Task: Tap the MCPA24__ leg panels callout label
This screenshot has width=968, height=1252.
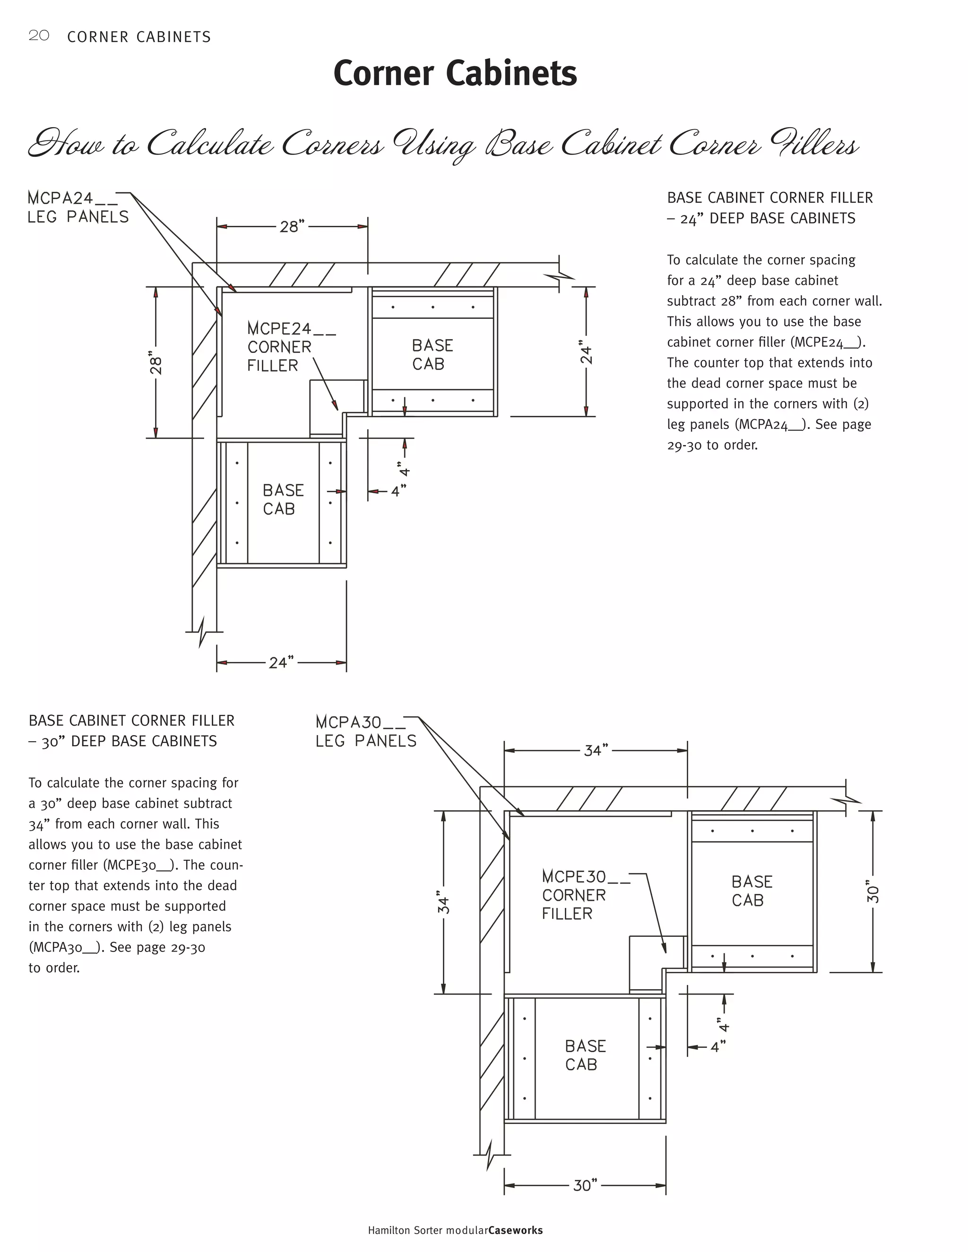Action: (78, 207)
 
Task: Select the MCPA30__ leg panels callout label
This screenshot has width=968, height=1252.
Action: (366, 731)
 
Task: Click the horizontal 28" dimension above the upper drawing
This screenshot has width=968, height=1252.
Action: (291, 226)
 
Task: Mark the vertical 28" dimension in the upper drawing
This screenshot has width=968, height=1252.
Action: (156, 362)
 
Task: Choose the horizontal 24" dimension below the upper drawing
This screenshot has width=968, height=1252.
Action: (281, 663)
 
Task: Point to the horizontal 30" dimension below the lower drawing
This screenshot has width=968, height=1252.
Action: (585, 1185)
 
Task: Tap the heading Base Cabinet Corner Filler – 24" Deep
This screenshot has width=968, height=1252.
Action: (769, 208)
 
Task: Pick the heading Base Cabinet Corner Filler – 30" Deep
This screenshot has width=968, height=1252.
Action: (131, 731)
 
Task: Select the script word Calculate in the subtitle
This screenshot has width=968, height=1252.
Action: (210, 144)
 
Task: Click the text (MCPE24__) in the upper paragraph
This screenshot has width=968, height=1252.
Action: (827, 342)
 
